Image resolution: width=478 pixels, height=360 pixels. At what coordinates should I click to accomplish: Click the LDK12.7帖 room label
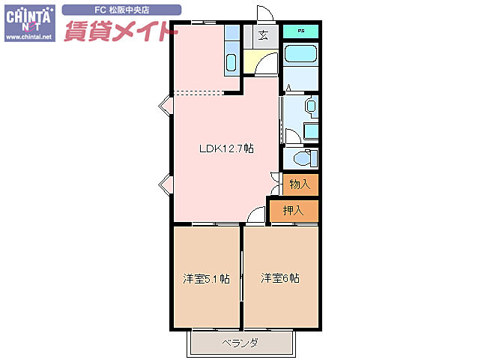(x=226, y=148)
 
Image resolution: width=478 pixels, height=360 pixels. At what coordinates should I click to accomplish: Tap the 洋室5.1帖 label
(x=206, y=279)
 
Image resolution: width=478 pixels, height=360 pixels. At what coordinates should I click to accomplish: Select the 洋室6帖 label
(x=280, y=278)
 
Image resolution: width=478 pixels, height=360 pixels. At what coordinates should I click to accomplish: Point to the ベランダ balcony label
(x=240, y=343)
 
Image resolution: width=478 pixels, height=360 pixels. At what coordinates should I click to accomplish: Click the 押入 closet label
(x=294, y=211)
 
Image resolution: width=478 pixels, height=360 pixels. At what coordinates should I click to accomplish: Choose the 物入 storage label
(x=300, y=184)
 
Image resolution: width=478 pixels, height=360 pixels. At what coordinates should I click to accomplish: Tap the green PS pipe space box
(x=301, y=31)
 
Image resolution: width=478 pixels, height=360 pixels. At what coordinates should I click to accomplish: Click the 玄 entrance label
(x=263, y=34)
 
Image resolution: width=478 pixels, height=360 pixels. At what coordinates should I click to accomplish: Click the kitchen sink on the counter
(x=232, y=63)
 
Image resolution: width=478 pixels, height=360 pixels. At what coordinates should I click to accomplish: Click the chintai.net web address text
(x=28, y=37)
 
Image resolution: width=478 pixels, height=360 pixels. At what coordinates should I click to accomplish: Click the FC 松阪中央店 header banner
(x=121, y=10)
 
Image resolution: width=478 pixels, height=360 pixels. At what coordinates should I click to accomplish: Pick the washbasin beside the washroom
(x=311, y=106)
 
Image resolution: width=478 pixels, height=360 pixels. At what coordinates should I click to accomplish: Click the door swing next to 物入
(x=275, y=181)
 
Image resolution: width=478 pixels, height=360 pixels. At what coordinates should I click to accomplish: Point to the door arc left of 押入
(x=256, y=216)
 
